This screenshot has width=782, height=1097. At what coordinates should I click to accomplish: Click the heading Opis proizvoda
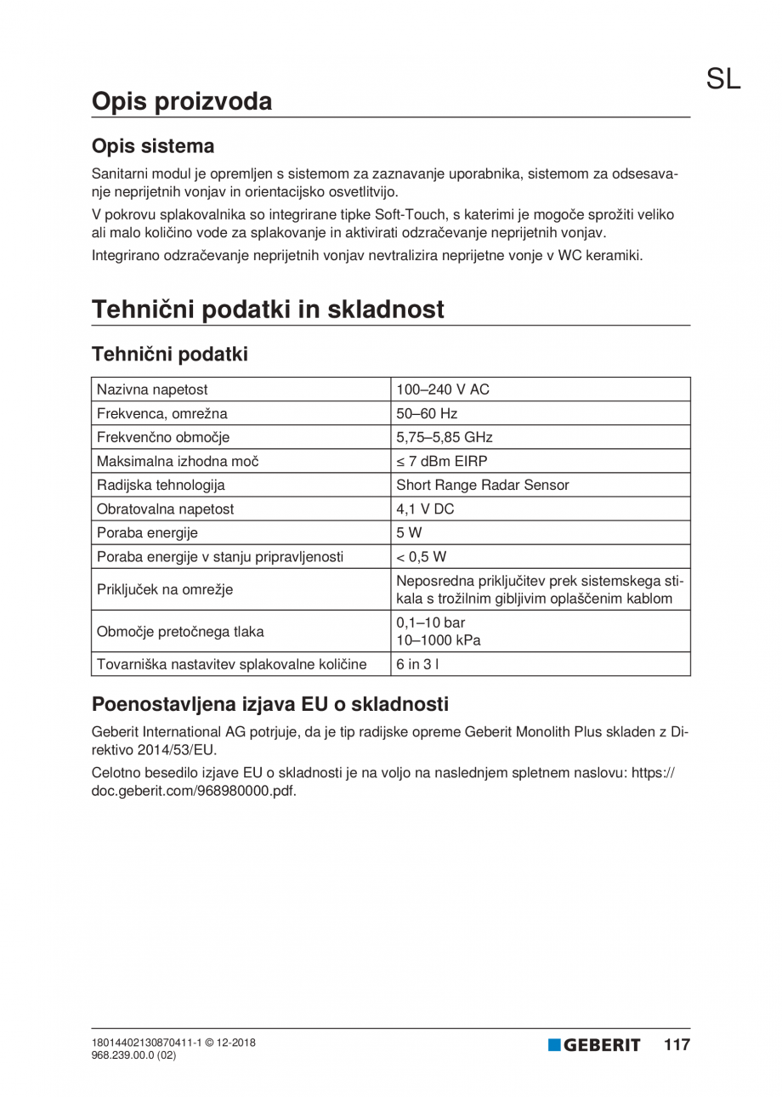tap(182, 101)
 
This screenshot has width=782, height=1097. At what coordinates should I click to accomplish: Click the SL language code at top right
tap(723, 79)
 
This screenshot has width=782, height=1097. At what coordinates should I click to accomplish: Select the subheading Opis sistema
tap(152, 146)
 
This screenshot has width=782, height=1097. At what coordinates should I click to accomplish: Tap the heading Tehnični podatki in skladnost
tap(268, 310)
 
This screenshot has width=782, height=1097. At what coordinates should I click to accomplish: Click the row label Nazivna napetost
tap(153, 390)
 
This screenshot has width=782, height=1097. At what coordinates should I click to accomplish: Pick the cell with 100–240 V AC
tap(443, 390)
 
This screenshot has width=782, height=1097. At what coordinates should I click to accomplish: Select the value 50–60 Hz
tap(428, 414)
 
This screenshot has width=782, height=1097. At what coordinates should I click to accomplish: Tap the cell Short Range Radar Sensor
tap(483, 486)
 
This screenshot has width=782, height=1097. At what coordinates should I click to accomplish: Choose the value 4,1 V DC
tap(426, 509)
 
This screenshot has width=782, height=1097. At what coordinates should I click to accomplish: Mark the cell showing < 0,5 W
tap(422, 557)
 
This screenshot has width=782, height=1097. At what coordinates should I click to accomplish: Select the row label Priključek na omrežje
tap(165, 588)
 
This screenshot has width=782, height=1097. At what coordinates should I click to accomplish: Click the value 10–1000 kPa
tap(439, 640)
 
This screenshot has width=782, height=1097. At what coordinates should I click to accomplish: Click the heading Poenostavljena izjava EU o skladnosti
tap(269, 705)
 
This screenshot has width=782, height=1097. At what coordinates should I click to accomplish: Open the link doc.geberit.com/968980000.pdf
tap(194, 789)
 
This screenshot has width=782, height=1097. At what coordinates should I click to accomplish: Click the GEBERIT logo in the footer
tap(594, 1045)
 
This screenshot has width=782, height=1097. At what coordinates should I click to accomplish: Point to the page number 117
tap(677, 1045)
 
